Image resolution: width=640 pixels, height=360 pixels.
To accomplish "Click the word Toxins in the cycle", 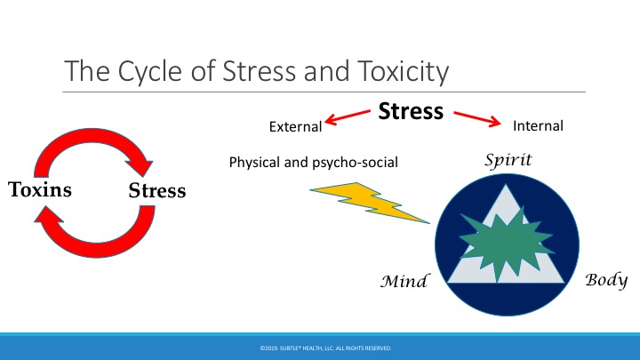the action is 40,189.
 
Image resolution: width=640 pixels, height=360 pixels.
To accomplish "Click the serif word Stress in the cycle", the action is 157,190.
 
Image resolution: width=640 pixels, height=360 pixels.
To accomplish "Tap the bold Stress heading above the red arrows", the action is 411,111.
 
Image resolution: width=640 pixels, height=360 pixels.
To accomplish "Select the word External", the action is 295,126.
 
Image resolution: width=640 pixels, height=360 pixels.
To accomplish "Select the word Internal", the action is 538,125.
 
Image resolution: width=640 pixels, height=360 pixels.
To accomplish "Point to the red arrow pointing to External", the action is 348,117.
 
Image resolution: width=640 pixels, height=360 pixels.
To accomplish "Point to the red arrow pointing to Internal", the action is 477,119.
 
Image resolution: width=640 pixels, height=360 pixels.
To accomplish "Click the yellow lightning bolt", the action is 370,202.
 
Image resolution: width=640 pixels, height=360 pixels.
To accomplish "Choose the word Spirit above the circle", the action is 508,160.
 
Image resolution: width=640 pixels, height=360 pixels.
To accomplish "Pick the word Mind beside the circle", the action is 404,281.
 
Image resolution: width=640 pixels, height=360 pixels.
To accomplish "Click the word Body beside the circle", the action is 606,280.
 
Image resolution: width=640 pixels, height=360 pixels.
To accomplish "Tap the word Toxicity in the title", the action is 404,71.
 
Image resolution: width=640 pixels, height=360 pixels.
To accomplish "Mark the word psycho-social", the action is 355,163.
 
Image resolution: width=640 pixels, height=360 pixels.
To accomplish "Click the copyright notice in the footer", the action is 325,348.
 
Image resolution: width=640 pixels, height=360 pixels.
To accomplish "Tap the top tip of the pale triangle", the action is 506,185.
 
